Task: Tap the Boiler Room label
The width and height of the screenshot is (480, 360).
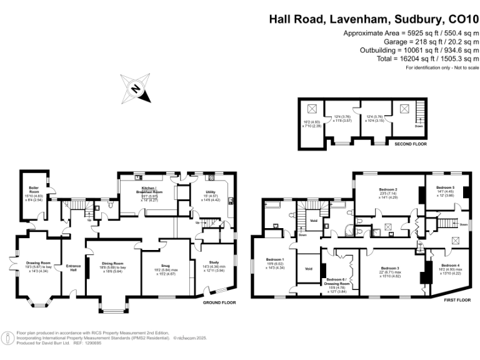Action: click(33, 189)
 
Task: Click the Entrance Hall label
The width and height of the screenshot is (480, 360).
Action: click(73, 267)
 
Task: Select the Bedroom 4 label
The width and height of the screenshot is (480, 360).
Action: click(445, 265)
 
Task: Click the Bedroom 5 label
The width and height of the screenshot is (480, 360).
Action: click(444, 187)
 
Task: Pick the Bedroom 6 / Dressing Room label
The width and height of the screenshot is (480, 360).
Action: click(338, 281)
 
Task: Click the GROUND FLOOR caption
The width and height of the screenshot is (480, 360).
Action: click(219, 302)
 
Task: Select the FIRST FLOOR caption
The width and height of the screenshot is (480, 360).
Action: click(457, 300)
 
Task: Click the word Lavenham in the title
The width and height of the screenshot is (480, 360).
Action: click(351, 19)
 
